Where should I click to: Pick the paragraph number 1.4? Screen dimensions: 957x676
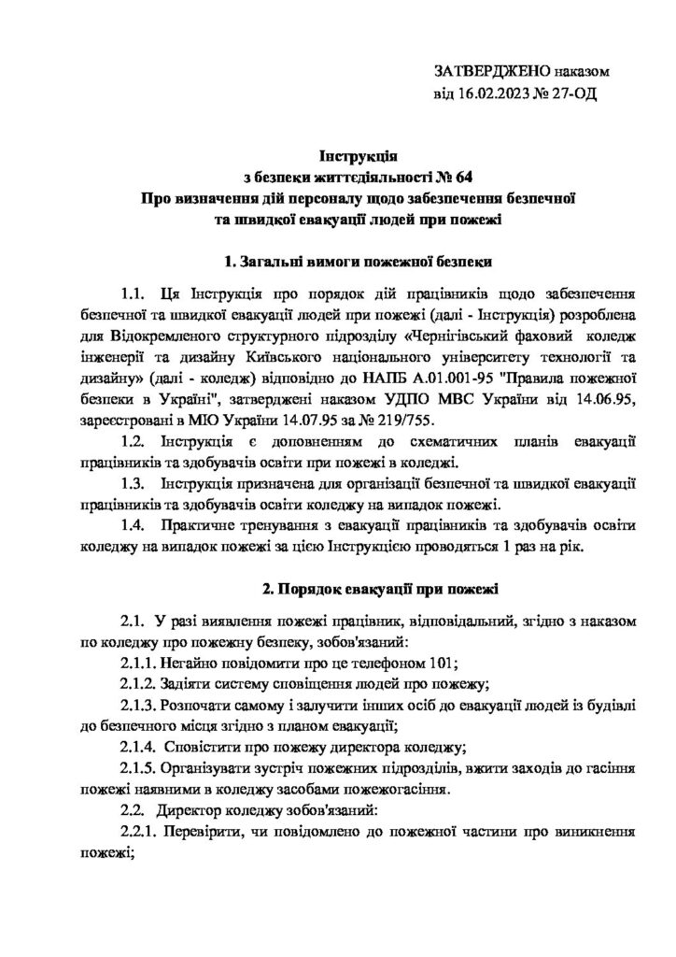[x=134, y=527]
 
